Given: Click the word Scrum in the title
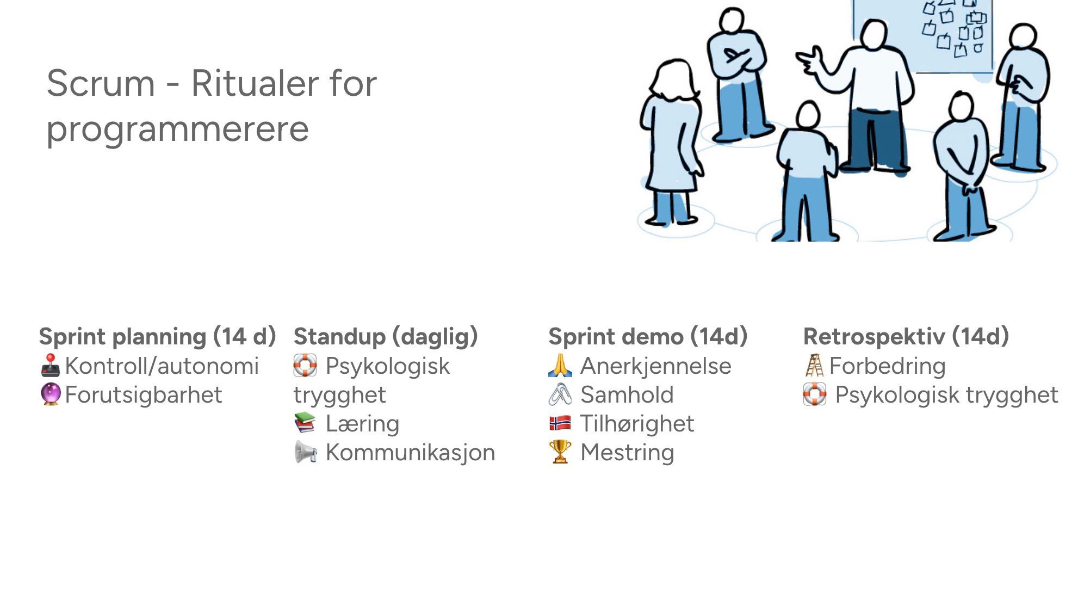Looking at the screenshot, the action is (x=101, y=83).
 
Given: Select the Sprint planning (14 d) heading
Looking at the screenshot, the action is (x=158, y=337).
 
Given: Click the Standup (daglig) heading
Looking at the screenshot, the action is (x=386, y=337).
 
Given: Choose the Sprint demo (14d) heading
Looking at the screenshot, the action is (x=648, y=337).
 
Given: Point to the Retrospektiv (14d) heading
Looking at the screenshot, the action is (x=906, y=337).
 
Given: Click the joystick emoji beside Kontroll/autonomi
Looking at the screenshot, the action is (x=51, y=366).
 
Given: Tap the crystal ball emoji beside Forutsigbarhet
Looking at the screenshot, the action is (x=51, y=394).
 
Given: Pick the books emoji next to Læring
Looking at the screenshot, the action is (x=305, y=423).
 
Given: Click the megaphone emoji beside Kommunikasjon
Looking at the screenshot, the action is (x=305, y=452).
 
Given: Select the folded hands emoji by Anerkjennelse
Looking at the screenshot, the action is (x=560, y=366).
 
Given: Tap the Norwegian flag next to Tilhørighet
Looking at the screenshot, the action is (x=560, y=423).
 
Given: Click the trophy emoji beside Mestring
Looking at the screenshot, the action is (x=560, y=452).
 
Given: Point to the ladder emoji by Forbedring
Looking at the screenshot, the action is (x=814, y=366).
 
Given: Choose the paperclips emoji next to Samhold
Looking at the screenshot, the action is (x=560, y=394).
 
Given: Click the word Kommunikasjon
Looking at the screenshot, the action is (x=411, y=453).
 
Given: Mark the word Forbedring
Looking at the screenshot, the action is (x=888, y=366).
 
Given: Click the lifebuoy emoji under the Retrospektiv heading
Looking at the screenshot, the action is (x=815, y=394).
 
